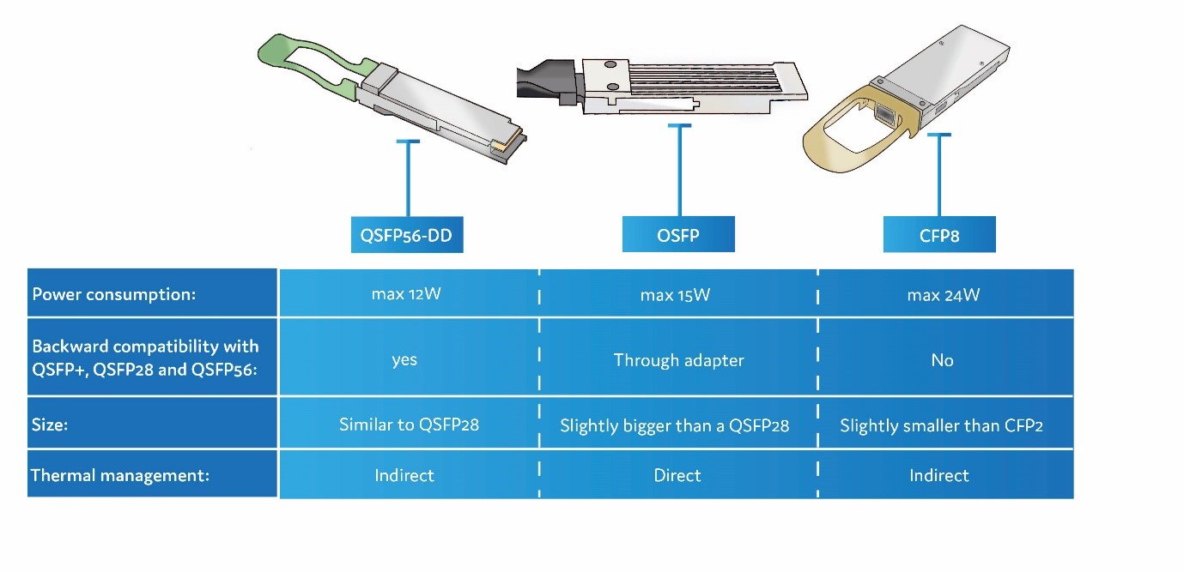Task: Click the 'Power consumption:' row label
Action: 114,294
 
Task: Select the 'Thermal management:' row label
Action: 119,474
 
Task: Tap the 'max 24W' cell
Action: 943,295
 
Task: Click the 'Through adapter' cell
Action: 678,359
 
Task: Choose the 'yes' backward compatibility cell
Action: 404,359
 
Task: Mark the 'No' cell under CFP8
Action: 942,360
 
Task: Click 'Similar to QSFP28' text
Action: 409,424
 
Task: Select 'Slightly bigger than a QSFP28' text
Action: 674,425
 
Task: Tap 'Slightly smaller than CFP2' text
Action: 941,425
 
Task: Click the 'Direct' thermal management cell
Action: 677,475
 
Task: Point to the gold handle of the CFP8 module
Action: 837,137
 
